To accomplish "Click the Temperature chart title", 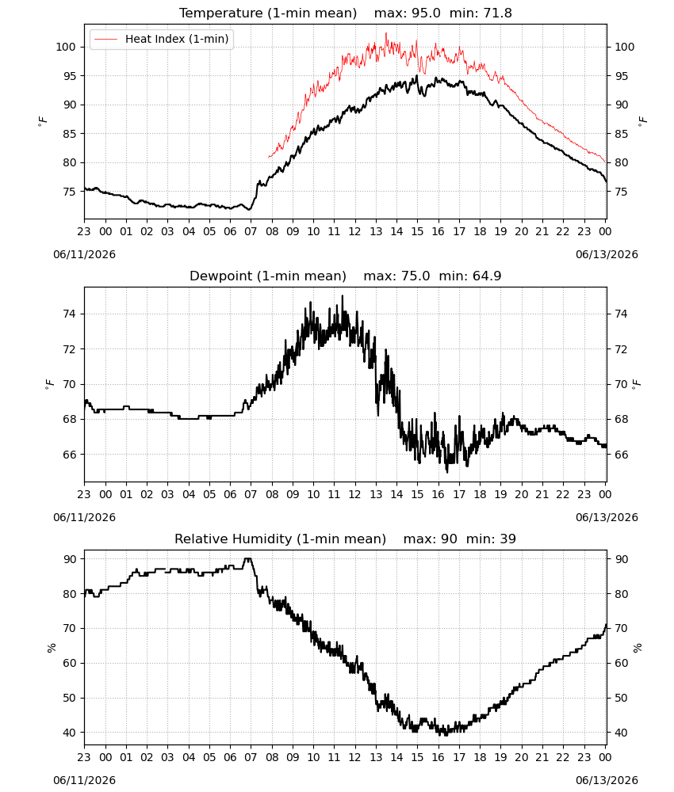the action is tap(268, 13).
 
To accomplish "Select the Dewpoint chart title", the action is tap(268, 276).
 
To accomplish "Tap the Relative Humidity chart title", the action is tap(280, 539).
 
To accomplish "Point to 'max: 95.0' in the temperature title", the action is tap(407, 13).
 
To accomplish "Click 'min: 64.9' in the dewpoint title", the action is tap(469, 276).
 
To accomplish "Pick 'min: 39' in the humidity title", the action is tap(491, 539).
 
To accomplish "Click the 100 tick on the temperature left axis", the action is tap(66, 47).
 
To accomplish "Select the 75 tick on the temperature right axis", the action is tap(621, 192).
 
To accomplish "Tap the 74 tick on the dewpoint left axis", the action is tap(69, 314).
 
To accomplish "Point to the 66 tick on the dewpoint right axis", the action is tap(621, 455).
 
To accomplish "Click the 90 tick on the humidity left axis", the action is tap(69, 559).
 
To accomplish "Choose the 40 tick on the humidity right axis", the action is tap(621, 733).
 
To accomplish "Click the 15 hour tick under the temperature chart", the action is tap(417, 231).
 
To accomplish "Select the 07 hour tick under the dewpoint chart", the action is tap(251, 494).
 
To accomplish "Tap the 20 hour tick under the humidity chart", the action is tap(521, 757).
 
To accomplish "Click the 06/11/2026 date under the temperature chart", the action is tap(84, 254).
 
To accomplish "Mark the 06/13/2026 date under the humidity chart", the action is tap(607, 780).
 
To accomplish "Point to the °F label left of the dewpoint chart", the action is tap(49, 384).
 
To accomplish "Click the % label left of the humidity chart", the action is tap(51, 648).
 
